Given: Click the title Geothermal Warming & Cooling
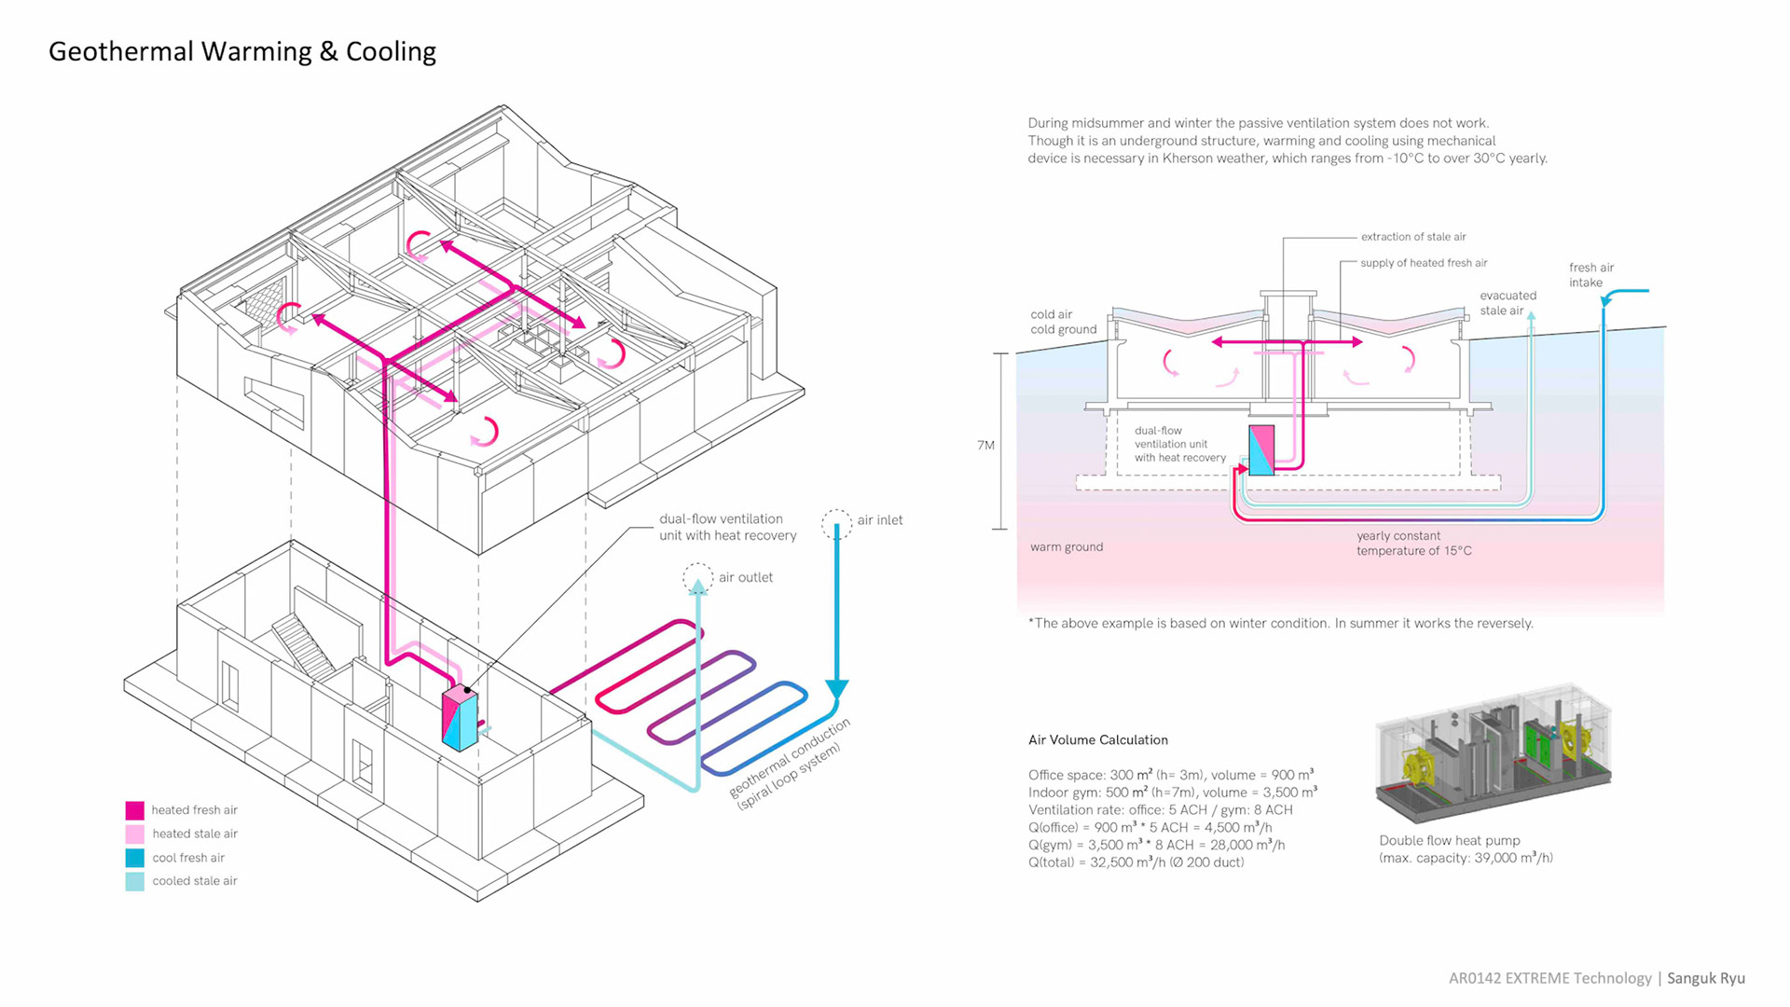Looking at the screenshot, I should click(x=241, y=51).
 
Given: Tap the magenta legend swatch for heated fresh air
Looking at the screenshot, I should click(x=135, y=810).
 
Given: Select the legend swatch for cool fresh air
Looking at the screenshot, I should click(x=135, y=858).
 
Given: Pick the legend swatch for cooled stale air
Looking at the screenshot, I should click(x=135, y=881).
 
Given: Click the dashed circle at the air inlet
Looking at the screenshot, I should click(x=836, y=523).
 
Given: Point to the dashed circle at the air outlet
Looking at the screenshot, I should click(x=697, y=578).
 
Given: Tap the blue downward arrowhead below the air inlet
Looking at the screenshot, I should click(x=836, y=689).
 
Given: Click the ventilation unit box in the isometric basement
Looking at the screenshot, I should click(x=460, y=719).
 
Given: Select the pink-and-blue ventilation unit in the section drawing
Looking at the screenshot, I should click(x=1261, y=450).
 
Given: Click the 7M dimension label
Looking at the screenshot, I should click(x=985, y=446).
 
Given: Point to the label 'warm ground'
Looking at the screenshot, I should click(x=1067, y=547).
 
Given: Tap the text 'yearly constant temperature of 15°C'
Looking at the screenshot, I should click(x=1413, y=544).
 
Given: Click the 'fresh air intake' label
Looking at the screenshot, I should click(x=1590, y=275).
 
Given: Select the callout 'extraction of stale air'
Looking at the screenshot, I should click(x=1412, y=237).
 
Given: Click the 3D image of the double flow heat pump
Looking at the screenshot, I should click(x=1494, y=753).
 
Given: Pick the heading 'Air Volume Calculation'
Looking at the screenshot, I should click(x=1097, y=740).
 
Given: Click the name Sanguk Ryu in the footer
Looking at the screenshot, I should click(x=1705, y=978).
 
